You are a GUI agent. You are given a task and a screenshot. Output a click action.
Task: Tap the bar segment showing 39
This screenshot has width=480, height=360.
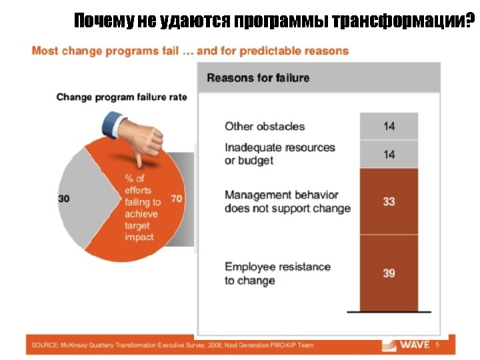click(x=389, y=273)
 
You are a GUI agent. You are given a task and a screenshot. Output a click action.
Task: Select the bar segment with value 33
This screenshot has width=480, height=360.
click(x=389, y=201)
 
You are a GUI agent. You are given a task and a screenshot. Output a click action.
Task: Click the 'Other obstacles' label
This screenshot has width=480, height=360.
click(x=265, y=126)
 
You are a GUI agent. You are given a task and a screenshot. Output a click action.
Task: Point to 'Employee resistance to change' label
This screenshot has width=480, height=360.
click(x=277, y=273)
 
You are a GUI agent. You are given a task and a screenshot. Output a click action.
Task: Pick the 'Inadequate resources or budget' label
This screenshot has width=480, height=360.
click(x=279, y=154)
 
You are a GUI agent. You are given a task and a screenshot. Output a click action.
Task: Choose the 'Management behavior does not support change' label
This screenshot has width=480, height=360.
click(x=287, y=201)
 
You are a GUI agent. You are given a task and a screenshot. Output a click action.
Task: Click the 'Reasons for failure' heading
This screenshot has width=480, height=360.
click(x=258, y=78)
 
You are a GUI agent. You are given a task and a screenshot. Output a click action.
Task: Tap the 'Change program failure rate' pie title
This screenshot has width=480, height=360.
click(x=121, y=97)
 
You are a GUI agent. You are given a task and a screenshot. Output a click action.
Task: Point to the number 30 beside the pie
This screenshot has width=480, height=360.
click(x=65, y=198)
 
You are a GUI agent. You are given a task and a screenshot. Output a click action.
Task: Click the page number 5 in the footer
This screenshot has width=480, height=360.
click(x=437, y=345)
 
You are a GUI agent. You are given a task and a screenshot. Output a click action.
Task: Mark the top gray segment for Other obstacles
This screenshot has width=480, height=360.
click(x=389, y=126)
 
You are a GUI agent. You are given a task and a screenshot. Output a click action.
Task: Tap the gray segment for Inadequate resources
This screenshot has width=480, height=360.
click(x=389, y=154)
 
